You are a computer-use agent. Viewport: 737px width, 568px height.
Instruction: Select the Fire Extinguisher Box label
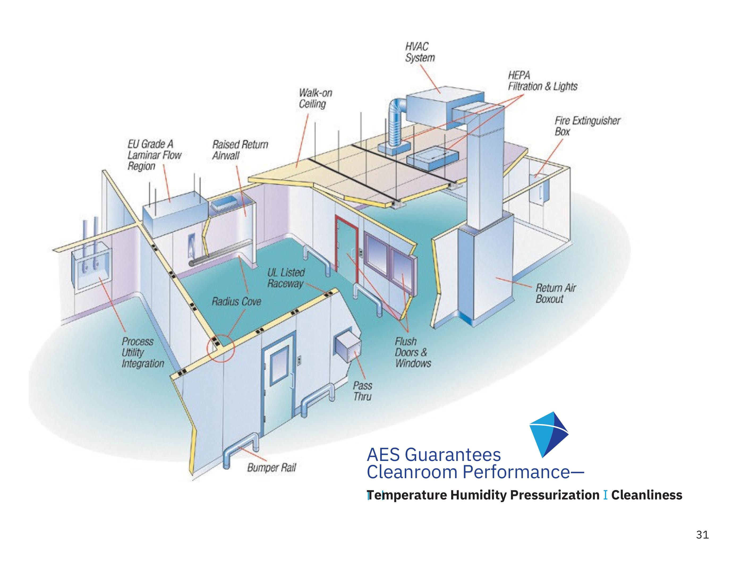pos(587,126)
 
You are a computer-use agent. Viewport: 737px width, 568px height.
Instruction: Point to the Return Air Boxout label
pos(555,293)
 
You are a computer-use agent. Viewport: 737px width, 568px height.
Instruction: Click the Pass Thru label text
pos(363,391)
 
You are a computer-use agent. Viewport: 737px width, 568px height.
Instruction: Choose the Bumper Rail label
pos(271,467)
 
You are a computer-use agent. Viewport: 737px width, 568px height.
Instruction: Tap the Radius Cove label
pos(236,301)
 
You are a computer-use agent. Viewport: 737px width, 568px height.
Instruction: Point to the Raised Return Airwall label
pos(240,150)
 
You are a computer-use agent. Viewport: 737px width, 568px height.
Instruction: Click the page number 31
pos(702,535)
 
